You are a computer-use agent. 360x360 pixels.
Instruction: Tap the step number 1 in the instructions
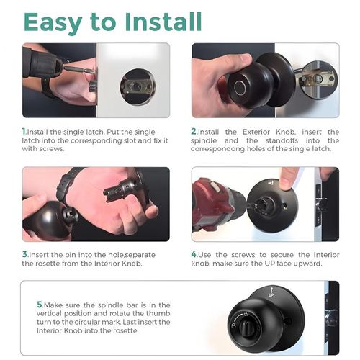[x=24, y=132]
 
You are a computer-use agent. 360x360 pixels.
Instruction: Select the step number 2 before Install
[x=194, y=132]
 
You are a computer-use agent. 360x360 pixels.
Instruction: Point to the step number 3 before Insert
[x=24, y=255]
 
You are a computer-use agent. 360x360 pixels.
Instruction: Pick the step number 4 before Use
[x=194, y=255]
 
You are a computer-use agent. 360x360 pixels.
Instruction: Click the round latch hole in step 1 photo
[x=137, y=86]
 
